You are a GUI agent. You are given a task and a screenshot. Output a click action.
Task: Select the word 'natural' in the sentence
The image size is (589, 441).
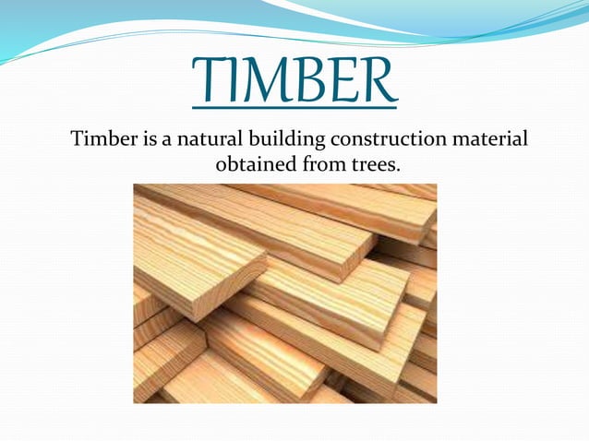(x=202, y=140)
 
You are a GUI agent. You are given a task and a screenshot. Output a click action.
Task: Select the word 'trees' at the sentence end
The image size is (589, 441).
(x=355, y=165)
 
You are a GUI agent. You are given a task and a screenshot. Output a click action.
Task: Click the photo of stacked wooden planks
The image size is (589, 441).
(x=284, y=293)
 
